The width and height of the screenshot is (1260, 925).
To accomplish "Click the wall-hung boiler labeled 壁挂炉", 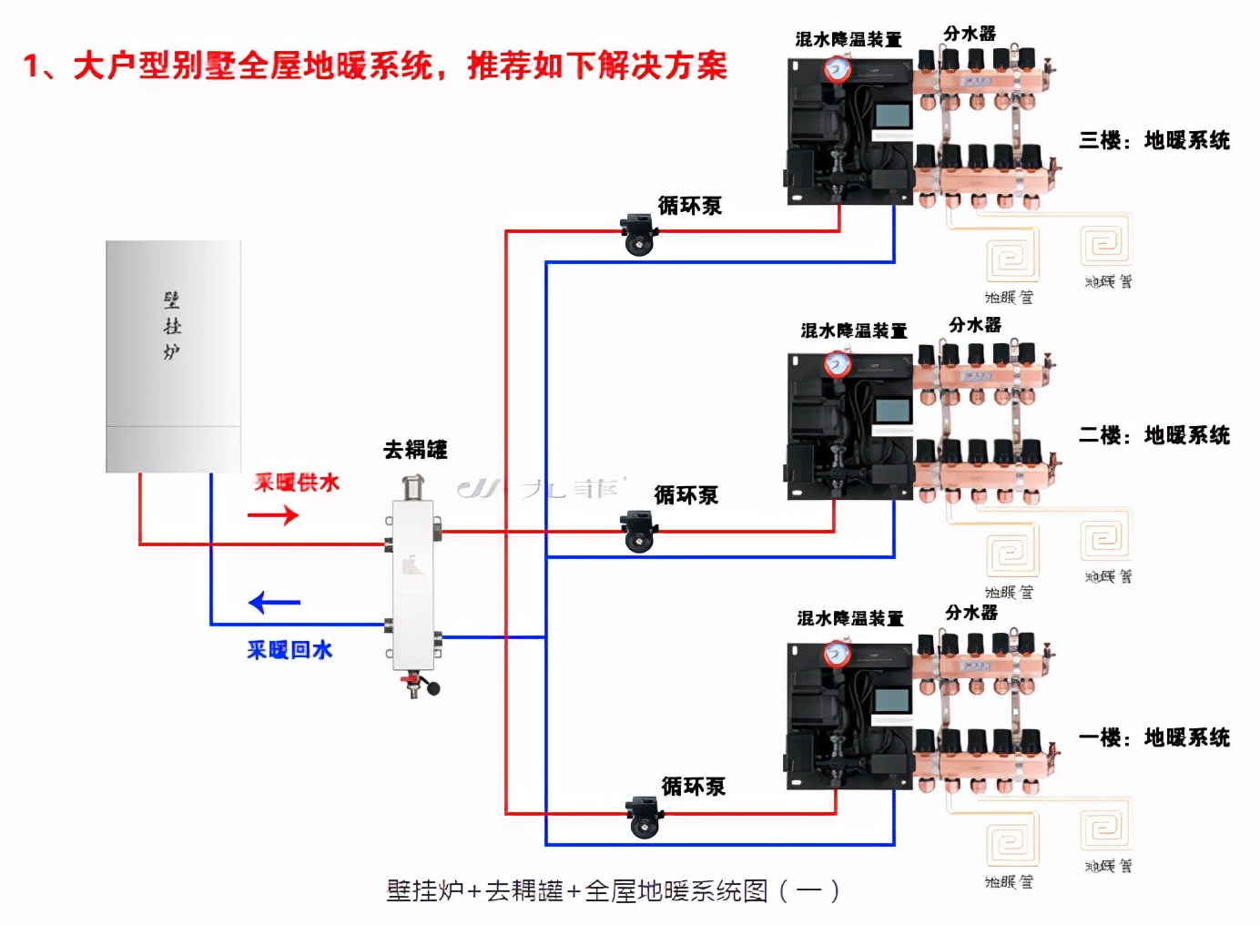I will click(173, 355).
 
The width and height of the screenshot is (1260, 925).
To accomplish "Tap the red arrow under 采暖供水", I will click(273, 515).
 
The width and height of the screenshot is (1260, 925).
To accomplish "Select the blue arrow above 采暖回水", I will click(274, 603).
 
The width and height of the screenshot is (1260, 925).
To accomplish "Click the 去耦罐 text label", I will click(415, 450).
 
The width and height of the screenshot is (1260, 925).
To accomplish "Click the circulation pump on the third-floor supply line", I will click(638, 235).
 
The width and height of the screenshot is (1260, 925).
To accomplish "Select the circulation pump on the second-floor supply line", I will click(638, 531).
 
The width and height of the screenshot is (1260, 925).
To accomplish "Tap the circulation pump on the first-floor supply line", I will click(644, 816).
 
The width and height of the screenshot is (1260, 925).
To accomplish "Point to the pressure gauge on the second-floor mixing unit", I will click(837, 364).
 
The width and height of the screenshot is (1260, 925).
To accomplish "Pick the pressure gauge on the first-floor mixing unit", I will click(836, 654).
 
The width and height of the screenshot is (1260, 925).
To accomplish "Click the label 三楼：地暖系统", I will click(1153, 140).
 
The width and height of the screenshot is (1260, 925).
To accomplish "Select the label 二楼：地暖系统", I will click(1153, 435).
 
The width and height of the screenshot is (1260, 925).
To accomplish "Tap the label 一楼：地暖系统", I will click(1153, 737).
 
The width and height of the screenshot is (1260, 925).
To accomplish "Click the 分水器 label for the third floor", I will click(970, 34).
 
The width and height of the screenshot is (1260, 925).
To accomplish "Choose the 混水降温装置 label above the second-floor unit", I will click(853, 330).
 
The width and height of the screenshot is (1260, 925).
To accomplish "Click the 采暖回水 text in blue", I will click(290, 650).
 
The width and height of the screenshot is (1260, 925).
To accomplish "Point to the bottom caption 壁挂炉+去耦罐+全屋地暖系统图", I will click(612, 890).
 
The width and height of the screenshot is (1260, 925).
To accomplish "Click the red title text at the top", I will click(375, 66).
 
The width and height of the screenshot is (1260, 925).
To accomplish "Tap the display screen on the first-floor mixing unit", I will click(892, 701).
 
